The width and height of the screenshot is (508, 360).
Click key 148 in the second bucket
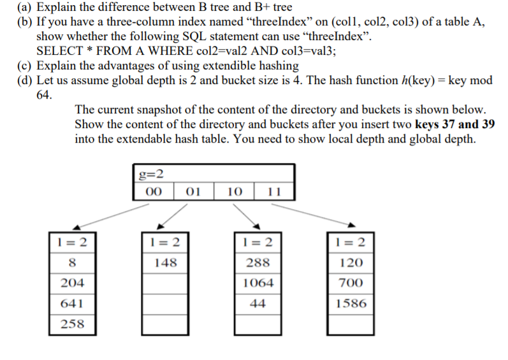[x=165, y=263]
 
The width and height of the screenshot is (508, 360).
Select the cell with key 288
[x=258, y=263]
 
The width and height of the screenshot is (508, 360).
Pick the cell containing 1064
[x=258, y=283]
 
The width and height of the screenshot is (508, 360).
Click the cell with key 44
[x=258, y=303]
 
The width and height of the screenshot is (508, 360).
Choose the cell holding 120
[x=351, y=263]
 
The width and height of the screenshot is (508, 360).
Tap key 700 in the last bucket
[x=351, y=283]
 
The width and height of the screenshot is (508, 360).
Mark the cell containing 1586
[x=351, y=303]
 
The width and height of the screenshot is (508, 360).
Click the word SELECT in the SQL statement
[x=59, y=50]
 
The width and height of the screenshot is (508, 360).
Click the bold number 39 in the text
[x=488, y=124]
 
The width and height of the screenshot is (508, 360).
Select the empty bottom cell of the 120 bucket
[x=351, y=324]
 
